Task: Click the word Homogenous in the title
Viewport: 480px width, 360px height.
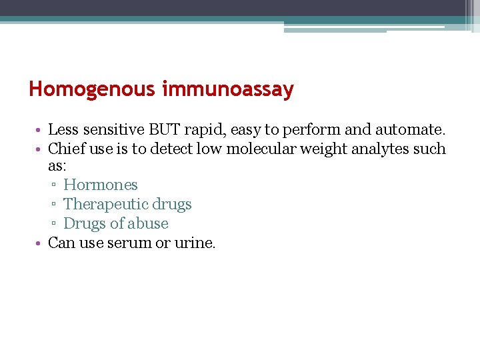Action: click(x=93, y=89)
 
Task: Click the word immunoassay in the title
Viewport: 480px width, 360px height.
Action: click(x=227, y=89)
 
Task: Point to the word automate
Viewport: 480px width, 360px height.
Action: click(x=409, y=129)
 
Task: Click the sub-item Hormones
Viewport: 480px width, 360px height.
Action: click(x=101, y=185)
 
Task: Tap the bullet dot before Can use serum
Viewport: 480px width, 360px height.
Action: click(x=41, y=243)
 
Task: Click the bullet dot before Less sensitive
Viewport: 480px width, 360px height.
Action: click(x=41, y=129)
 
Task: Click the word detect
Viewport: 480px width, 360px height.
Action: click(x=173, y=149)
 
